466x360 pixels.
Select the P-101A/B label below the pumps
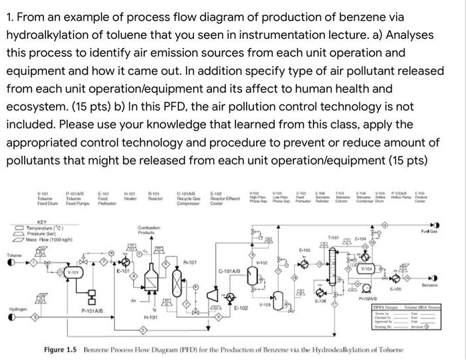click(x=93, y=310)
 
